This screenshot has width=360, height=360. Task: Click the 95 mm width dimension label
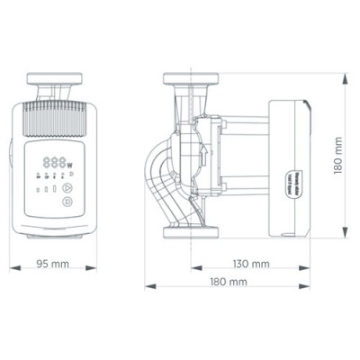pos(54,265)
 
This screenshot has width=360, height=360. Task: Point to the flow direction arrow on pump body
pos(203,155)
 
